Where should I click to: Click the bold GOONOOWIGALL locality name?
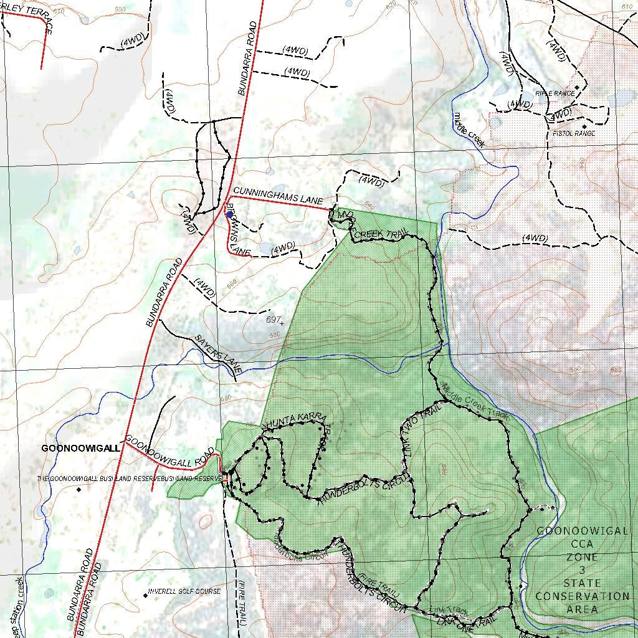80,448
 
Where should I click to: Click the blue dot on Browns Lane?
229,214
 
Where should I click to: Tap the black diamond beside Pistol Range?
584,126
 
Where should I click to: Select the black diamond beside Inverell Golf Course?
146,595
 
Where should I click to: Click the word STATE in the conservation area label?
582,583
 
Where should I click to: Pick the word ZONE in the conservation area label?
582,557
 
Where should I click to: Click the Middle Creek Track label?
475,402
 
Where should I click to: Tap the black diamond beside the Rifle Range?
578,88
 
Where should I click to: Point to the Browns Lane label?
237,231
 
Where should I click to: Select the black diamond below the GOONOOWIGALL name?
79,490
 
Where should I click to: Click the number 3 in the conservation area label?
582,570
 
